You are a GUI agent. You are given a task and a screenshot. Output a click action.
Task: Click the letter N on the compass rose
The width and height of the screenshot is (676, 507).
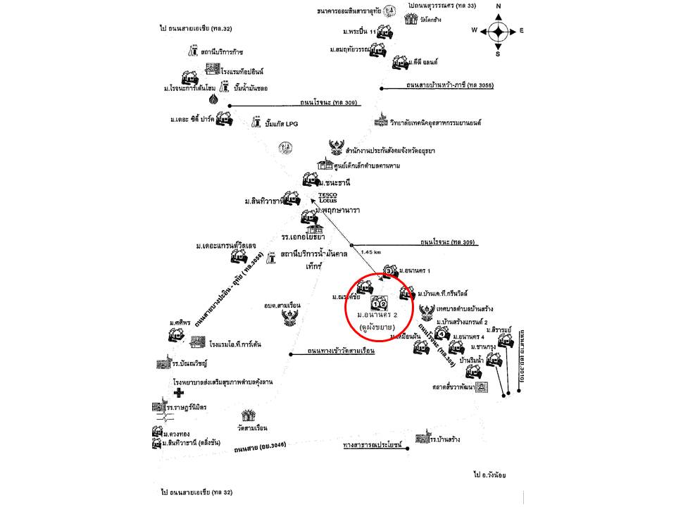pyautogui.click(x=499, y=6)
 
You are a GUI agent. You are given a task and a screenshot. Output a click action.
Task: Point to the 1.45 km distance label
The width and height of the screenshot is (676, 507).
pyautogui.click(x=370, y=251)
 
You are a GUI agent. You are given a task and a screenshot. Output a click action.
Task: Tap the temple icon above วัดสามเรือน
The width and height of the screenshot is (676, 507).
pyautogui.click(x=249, y=416)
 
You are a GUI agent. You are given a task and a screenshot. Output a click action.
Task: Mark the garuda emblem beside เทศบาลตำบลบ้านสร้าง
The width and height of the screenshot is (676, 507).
pyautogui.click(x=425, y=311)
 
